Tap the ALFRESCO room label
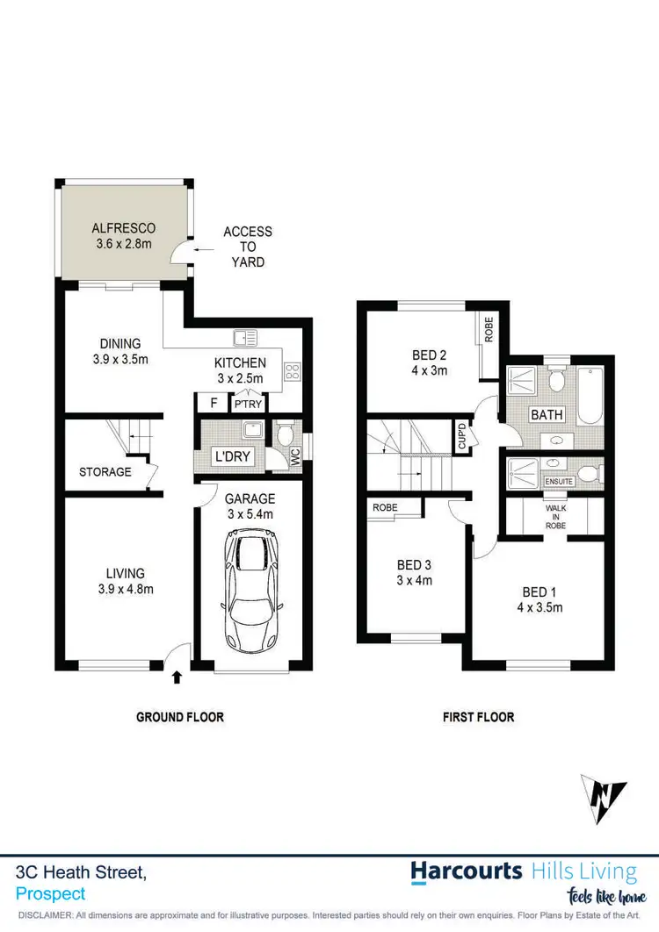tap(124, 228)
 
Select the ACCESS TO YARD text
tap(247, 247)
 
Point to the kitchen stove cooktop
tap(293, 372)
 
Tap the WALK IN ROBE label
tap(555, 516)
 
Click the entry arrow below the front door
tap(177, 677)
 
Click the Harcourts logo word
tap(467, 871)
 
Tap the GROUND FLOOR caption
tap(180, 717)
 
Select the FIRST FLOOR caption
tap(478, 717)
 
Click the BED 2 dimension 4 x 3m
tap(430, 370)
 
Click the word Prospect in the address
tap(51, 894)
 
